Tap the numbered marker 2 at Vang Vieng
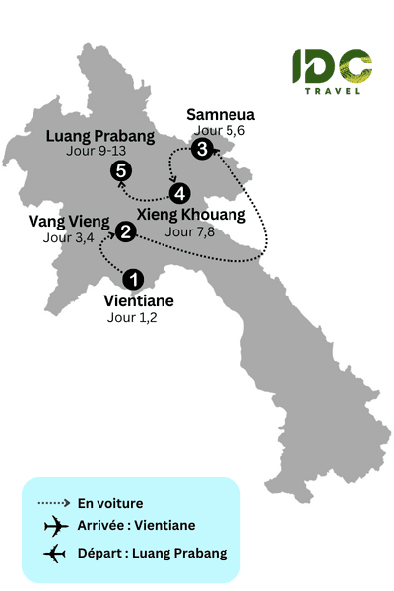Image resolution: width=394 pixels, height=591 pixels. tap(126, 232)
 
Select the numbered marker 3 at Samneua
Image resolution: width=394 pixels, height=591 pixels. tap(202, 150)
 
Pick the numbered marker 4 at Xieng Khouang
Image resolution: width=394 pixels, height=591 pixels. tap(178, 192)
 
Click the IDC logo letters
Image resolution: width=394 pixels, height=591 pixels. tap(332, 66)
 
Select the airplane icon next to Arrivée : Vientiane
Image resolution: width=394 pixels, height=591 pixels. tap(53, 528)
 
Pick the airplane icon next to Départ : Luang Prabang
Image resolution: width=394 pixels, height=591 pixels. tap(53, 554)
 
